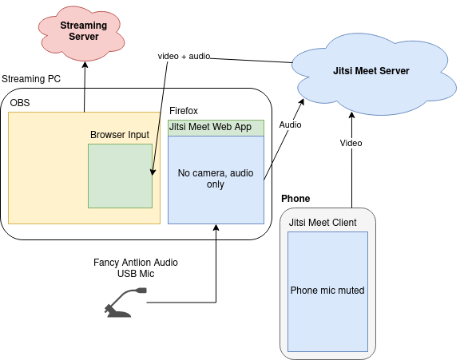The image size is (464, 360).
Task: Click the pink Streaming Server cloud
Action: point(81,34)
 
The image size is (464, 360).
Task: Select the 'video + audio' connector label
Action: point(184,56)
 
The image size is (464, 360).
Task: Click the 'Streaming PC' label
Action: point(31,79)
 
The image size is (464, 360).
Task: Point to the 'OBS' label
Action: point(20,103)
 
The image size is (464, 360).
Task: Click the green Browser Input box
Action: point(120,176)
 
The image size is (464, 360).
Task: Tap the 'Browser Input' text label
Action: point(120,135)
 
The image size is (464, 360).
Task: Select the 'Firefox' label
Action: point(184,111)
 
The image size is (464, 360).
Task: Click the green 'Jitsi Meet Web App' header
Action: point(216,128)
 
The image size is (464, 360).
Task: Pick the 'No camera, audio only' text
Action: point(216,178)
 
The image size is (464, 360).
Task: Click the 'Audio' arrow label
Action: point(290,125)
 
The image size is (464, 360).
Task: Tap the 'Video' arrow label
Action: point(351,143)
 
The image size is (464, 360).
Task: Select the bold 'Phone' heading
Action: point(295,199)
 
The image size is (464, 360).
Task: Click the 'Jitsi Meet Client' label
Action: point(323,223)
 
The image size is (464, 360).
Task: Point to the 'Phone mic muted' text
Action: point(327,291)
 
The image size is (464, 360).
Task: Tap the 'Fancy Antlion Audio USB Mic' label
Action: point(136,267)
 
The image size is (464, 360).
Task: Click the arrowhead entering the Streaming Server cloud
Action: point(85,65)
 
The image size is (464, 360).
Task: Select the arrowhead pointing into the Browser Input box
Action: point(153,172)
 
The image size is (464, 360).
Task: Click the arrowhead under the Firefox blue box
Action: point(216,227)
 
